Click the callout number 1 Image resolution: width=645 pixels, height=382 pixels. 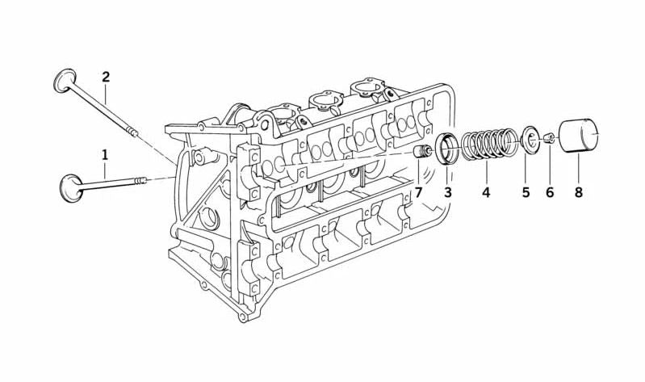click(105, 155)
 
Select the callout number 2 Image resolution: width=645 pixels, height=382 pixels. click(106, 77)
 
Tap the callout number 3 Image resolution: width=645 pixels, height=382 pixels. click(447, 192)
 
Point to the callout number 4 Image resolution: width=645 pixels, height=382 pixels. click(486, 192)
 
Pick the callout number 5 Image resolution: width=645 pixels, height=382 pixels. click(526, 192)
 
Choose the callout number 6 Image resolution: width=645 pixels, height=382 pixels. click(550, 192)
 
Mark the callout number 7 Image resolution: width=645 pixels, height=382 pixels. click(419, 192)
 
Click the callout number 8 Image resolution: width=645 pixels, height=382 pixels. click(579, 192)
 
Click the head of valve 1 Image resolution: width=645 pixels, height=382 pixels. click(71, 188)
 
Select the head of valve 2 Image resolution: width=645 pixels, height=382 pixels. click(65, 80)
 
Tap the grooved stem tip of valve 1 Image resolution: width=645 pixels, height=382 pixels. click(140, 180)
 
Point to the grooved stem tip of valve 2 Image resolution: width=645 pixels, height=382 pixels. click(132, 132)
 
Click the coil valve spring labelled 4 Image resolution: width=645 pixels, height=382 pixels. click(489, 144)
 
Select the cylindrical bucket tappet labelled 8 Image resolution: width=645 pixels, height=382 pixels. click(578, 136)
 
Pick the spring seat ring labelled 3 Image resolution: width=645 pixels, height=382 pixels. click(446, 149)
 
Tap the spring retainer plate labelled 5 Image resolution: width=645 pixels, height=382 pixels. click(529, 138)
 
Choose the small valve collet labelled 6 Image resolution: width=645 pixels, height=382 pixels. click(549, 138)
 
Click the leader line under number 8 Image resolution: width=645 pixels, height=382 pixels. click(578, 169)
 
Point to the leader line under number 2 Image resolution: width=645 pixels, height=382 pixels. click(106, 94)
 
